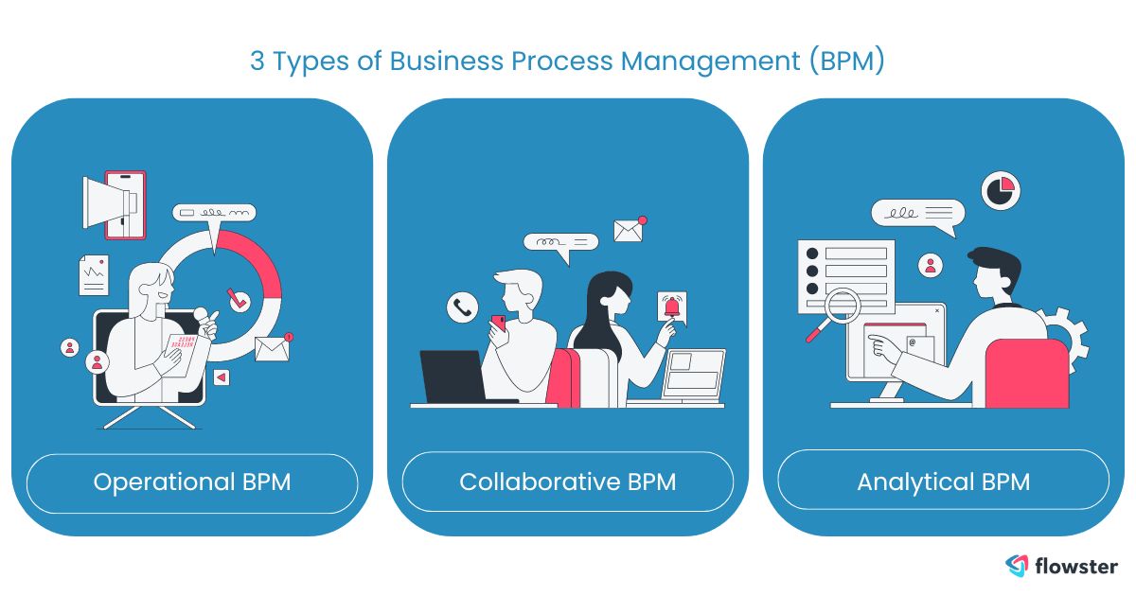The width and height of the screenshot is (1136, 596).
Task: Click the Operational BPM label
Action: pyautogui.click(x=191, y=482)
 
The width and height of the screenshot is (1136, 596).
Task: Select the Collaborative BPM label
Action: pyautogui.click(x=567, y=482)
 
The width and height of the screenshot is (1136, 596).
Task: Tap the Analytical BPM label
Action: pyautogui.click(x=943, y=482)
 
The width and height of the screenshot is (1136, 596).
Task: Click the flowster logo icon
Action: pyautogui.click(x=1017, y=566)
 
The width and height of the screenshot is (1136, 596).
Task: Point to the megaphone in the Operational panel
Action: pyautogui.click(x=111, y=202)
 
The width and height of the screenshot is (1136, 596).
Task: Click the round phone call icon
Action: pyautogui.click(x=462, y=307)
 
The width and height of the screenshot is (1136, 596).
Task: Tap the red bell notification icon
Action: pyautogui.click(x=671, y=307)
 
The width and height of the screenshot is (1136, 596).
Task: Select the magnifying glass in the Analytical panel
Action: pyautogui.click(x=838, y=309)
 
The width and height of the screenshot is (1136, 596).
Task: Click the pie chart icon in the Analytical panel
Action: pyautogui.click(x=1000, y=189)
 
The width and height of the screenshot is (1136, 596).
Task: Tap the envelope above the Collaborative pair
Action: pyautogui.click(x=629, y=229)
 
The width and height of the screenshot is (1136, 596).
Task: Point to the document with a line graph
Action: pyautogui.click(x=94, y=275)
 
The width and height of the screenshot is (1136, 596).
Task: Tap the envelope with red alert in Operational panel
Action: pyautogui.click(x=272, y=348)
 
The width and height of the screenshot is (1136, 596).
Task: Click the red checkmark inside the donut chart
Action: pyautogui.click(x=238, y=299)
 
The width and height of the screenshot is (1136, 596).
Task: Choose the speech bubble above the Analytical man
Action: pyautogui.click(x=916, y=215)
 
